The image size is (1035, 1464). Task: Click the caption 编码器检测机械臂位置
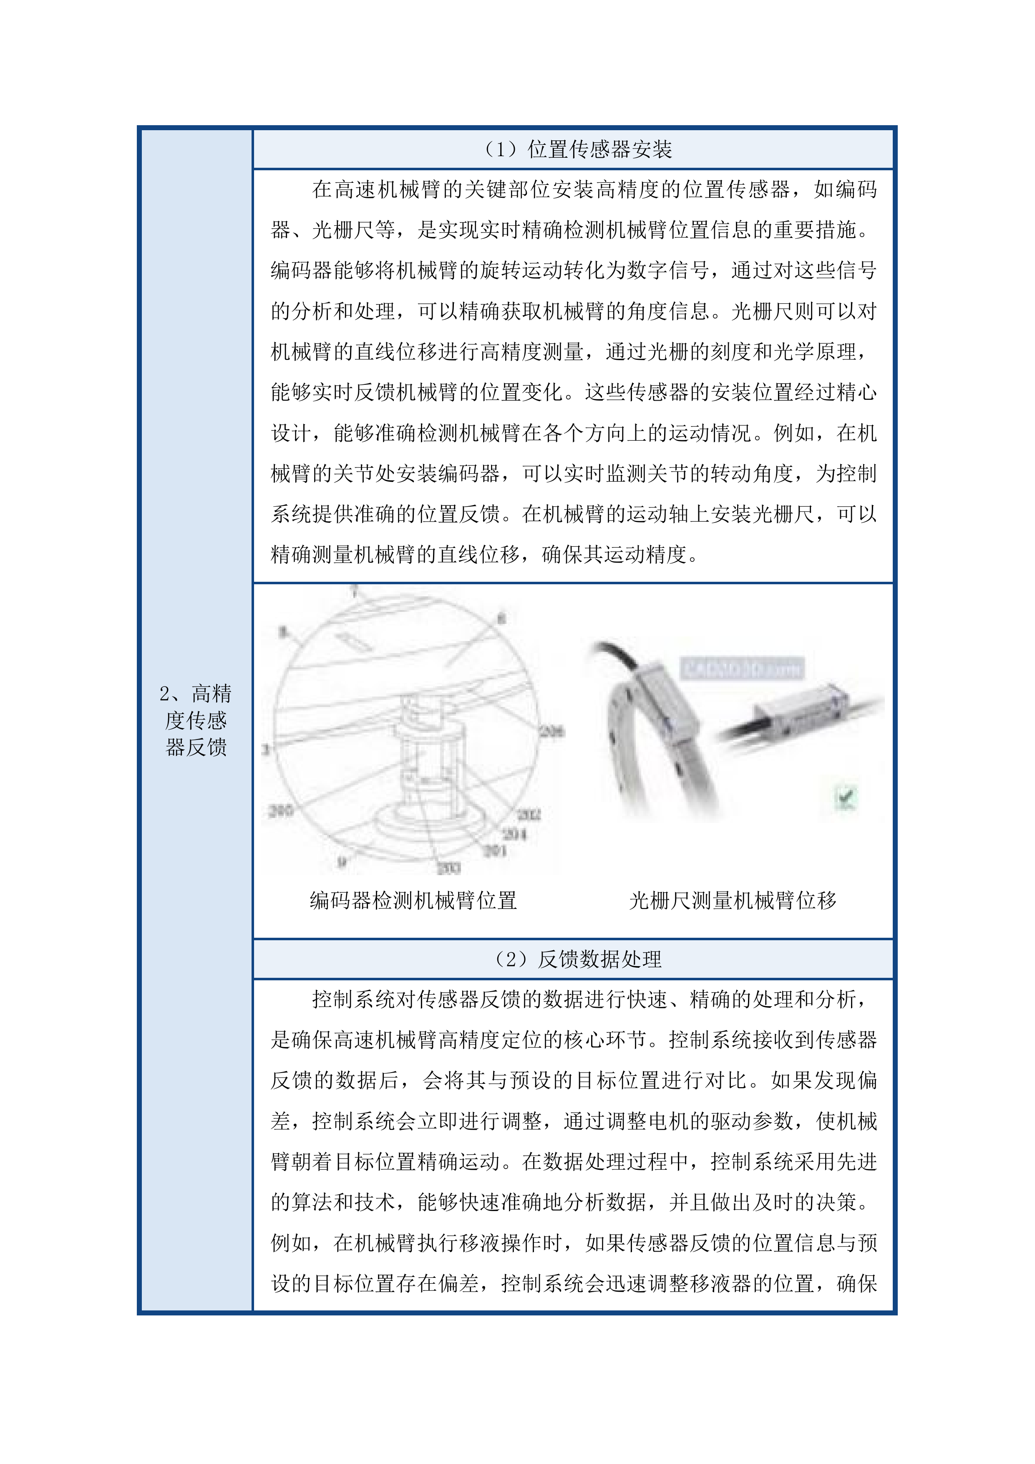click(413, 900)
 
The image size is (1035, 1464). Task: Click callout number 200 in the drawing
click(280, 810)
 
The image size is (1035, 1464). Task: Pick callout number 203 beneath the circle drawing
click(449, 867)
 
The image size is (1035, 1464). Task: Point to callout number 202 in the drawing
click(528, 814)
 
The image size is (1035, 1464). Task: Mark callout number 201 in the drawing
click(495, 851)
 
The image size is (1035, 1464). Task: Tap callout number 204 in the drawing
click(514, 833)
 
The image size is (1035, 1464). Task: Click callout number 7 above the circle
click(354, 591)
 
